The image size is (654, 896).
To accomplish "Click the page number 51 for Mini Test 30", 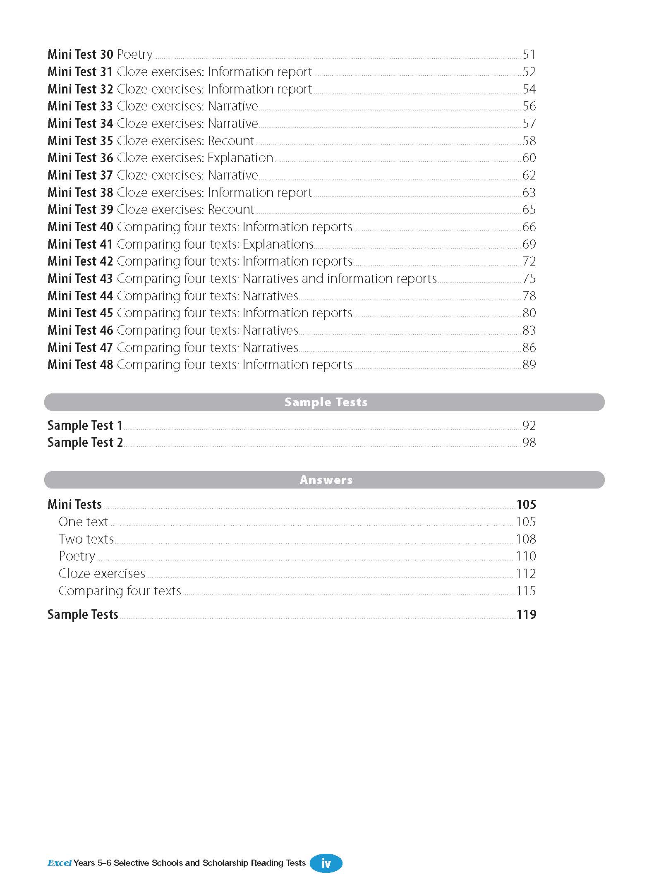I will tap(529, 54).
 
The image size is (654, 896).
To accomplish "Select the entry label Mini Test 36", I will tap(80, 158).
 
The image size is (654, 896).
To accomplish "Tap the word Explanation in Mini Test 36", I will tap(240, 158).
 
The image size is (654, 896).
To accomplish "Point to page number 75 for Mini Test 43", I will tap(529, 278).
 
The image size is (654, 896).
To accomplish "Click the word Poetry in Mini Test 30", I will tap(135, 54).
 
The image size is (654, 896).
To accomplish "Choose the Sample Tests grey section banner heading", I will tap(326, 402).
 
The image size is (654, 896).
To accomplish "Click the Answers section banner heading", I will tap(326, 480).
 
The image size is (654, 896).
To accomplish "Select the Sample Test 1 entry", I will tap(85, 425).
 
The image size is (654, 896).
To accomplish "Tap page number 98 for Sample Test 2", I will tap(529, 442).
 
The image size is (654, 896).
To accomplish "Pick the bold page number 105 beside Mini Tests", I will tap(526, 504).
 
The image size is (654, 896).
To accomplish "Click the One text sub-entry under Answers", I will tap(83, 522).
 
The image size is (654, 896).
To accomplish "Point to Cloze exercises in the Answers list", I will tap(102, 573).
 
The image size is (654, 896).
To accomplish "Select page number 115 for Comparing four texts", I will tap(526, 591).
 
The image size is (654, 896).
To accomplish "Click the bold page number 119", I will tap(526, 614).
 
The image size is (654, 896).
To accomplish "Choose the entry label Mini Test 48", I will tap(80, 364).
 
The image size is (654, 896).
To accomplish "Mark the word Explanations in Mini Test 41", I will tap(278, 244).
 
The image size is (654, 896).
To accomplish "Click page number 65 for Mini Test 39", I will tap(529, 209).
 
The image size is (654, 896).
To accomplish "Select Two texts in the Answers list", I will tap(86, 539).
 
